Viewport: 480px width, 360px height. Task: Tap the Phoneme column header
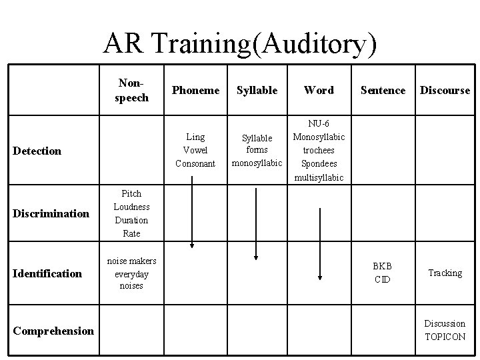tap(196, 90)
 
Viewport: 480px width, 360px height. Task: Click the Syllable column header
tap(257, 90)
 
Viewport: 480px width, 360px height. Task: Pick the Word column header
tap(319, 90)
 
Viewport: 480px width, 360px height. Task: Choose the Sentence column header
tap(383, 90)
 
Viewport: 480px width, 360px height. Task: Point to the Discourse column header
tap(445, 90)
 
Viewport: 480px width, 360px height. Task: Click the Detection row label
tap(37, 151)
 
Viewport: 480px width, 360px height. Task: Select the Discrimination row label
tap(50, 213)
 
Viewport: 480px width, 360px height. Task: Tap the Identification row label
tap(48, 273)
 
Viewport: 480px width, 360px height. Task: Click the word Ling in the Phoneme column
tap(195, 137)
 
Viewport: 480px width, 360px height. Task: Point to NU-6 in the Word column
tap(319, 124)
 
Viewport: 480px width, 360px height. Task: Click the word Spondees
tap(319, 164)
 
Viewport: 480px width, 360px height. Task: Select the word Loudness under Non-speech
tap(131, 207)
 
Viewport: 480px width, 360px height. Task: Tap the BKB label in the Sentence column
tap(383, 266)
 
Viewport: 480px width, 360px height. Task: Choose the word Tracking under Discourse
tap(445, 273)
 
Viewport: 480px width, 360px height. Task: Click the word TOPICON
tap(445, 337)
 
